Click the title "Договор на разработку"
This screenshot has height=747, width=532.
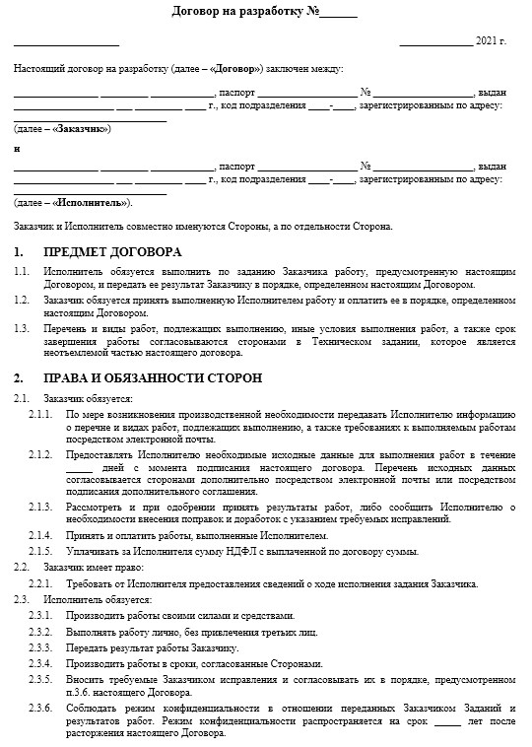[x=236, y=13]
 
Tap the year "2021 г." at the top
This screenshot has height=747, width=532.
[x=491, y=42]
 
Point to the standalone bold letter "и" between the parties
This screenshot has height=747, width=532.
[x=17, y=148]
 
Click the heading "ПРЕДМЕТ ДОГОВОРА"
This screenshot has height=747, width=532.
[x=112, y=251]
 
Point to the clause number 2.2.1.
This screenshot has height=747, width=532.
[x=40, y=584]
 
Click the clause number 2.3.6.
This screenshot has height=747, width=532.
[x=40, y=709]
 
